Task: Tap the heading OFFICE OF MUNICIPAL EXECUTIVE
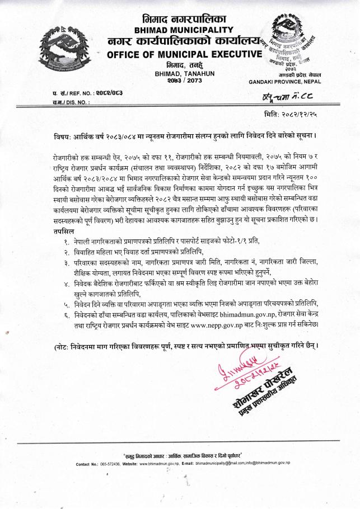point(184,54)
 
